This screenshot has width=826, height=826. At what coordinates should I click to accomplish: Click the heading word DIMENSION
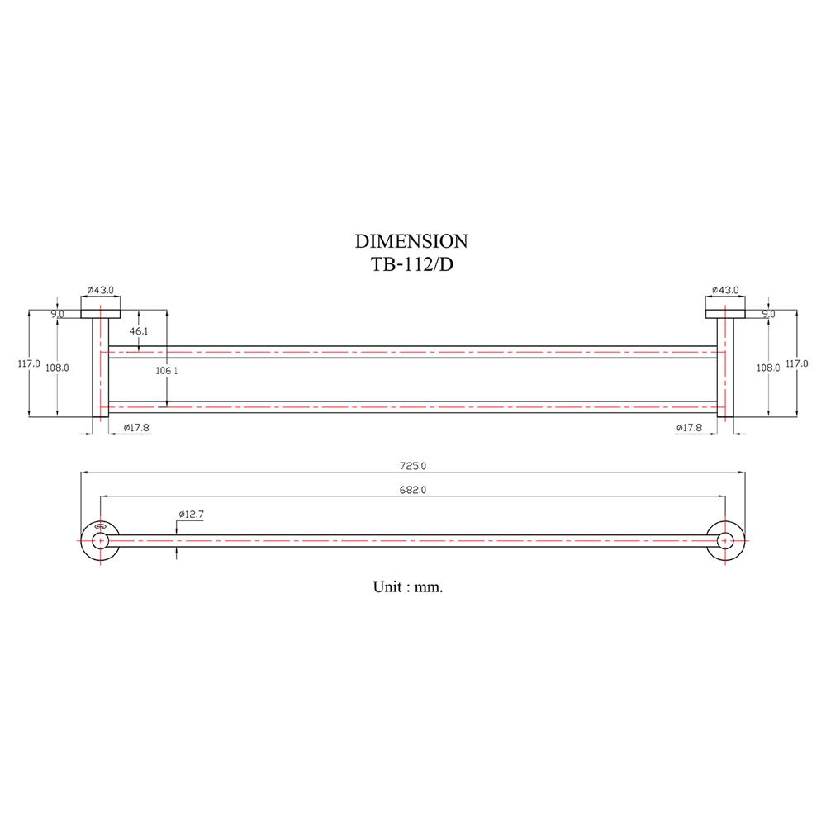411,241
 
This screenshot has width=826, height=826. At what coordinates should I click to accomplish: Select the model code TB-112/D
411,264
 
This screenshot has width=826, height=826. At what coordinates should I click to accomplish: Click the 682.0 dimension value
411,491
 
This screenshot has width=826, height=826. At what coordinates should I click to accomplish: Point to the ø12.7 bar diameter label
191,515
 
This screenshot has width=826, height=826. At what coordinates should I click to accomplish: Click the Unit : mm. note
408,587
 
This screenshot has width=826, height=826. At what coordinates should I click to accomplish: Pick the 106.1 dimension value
167,371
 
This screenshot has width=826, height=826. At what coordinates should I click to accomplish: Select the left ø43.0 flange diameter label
100,291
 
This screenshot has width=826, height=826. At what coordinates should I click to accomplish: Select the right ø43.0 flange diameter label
725,291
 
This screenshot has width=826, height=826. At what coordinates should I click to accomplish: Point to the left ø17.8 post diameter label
136,427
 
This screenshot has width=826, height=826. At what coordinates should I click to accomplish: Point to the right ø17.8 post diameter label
689,427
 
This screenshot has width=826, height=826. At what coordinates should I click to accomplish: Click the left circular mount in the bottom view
100,540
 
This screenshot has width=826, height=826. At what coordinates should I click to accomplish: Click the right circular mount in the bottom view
726,540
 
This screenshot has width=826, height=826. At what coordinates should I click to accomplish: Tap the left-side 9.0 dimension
57,314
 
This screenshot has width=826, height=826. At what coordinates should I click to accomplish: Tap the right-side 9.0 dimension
768,314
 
